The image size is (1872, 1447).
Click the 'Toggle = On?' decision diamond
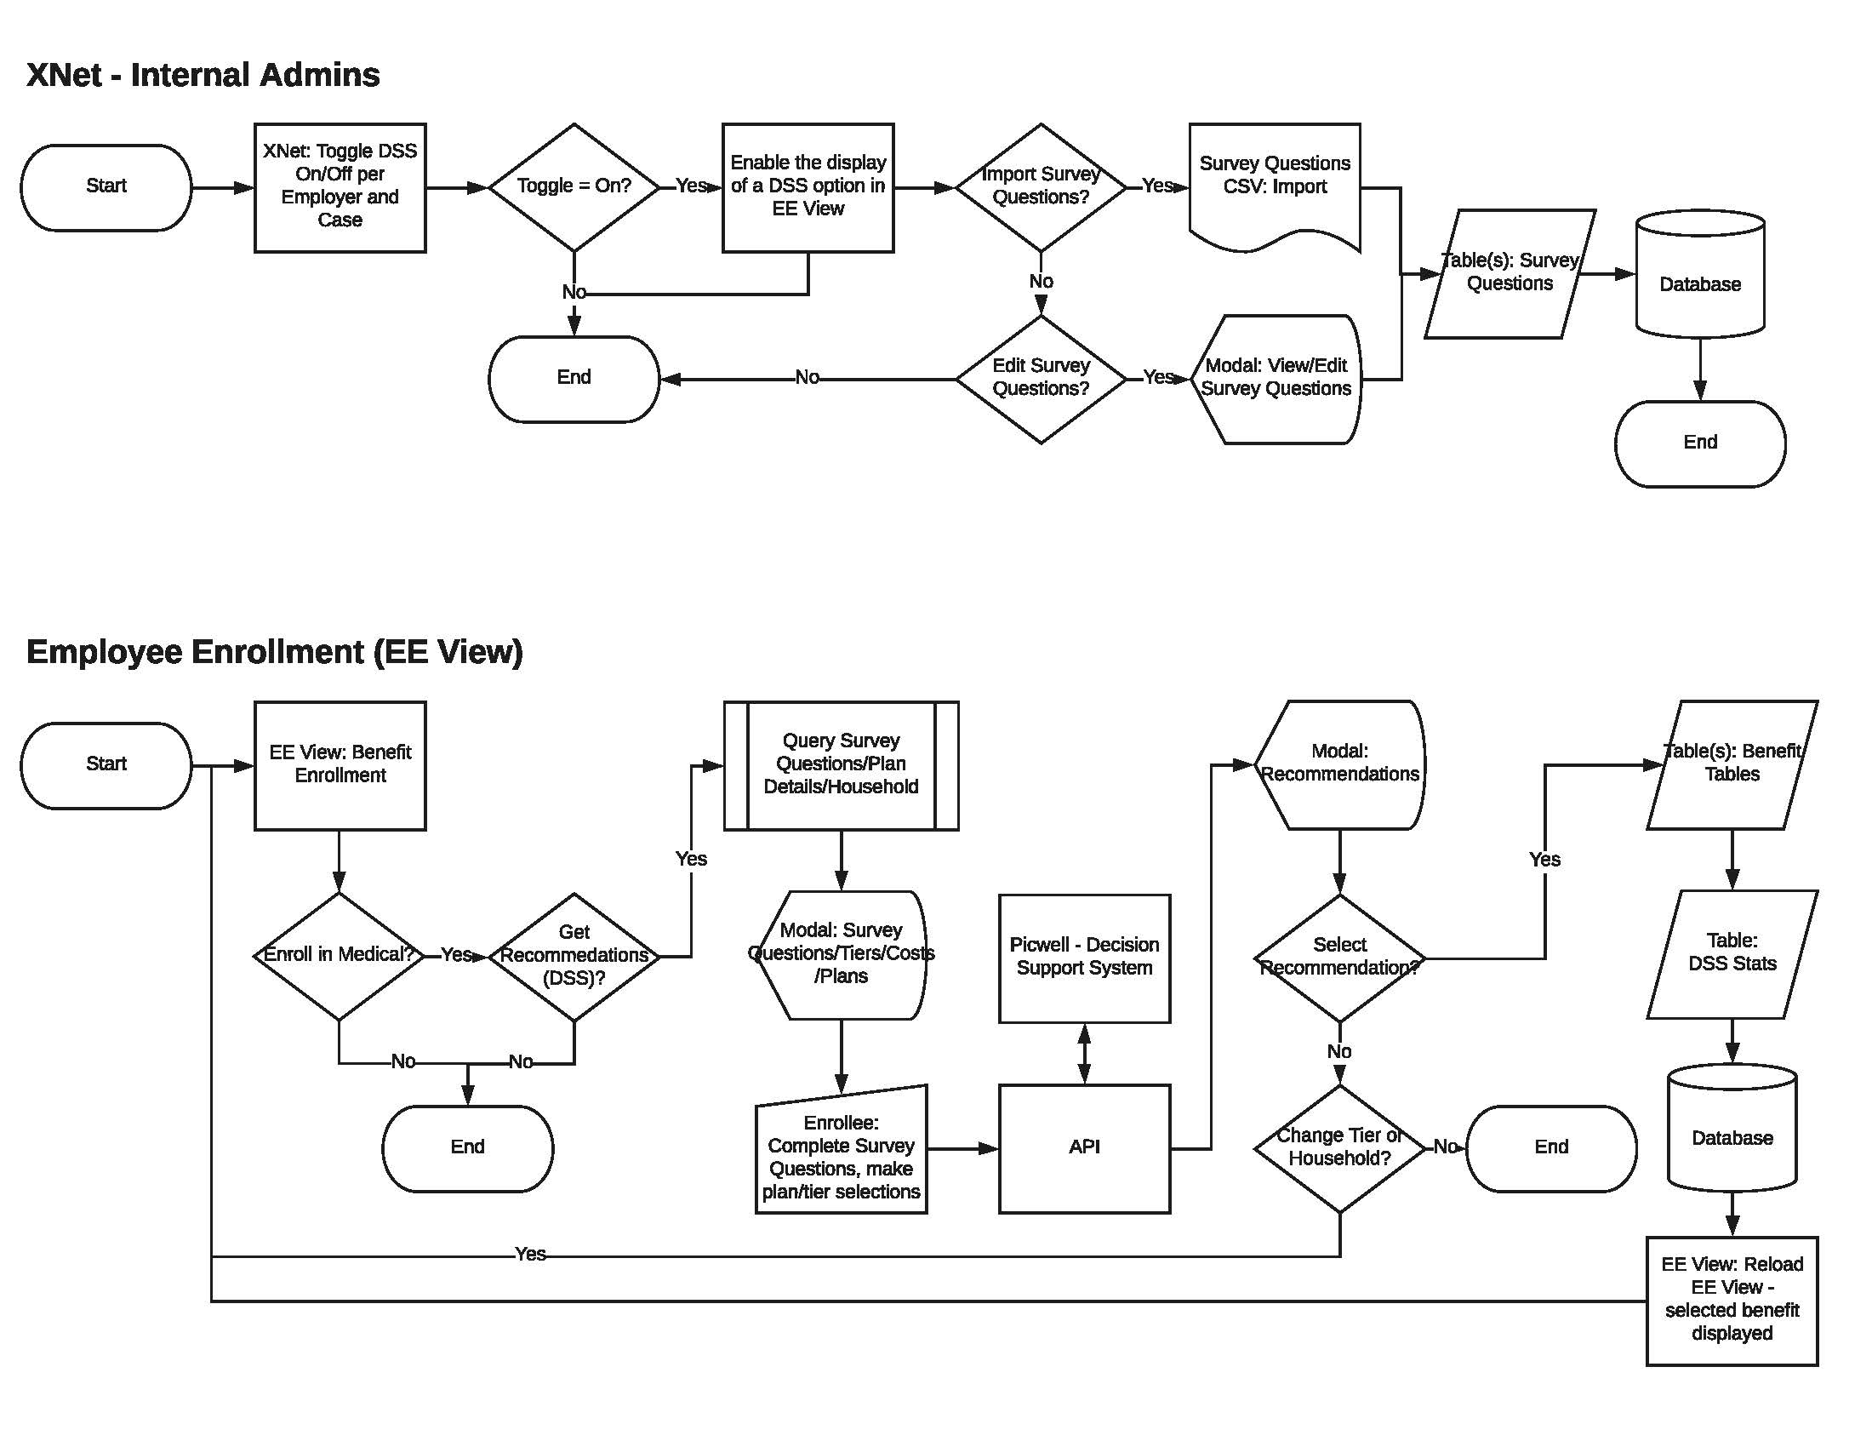574,187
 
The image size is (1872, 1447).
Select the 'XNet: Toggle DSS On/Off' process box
340,187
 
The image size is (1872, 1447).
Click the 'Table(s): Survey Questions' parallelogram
1509,272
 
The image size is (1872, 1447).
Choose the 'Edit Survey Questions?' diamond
1040,378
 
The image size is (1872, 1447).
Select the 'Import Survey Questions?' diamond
1040,187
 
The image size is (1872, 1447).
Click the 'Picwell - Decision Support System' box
1083,958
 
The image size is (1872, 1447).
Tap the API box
1083,1147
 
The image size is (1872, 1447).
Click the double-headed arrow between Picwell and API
1083,1053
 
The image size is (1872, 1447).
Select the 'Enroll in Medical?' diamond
339,955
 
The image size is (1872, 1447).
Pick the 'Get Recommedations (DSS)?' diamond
574,955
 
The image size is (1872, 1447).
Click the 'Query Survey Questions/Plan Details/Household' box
840,764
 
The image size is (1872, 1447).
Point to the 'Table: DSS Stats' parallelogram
1732,953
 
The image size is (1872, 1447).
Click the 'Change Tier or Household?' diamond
1338,1147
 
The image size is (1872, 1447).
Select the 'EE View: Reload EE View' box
1732,1300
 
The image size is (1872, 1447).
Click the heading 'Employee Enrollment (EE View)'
274,651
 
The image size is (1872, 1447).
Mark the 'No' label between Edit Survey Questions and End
806,377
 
